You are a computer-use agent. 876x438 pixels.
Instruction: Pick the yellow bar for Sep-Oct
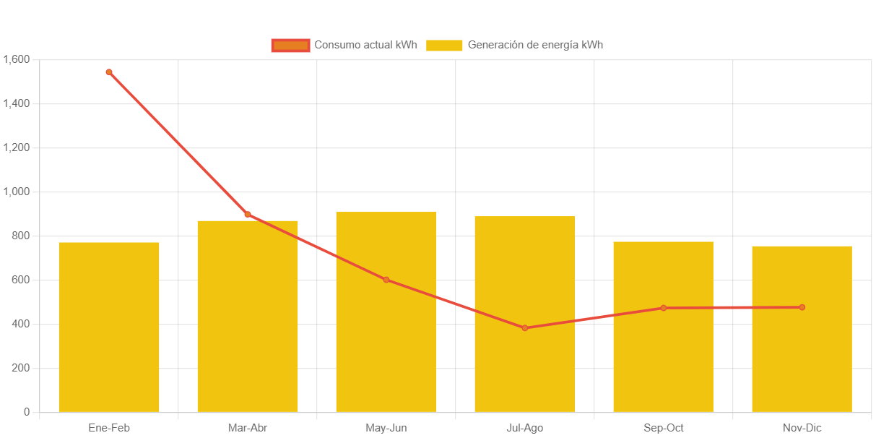664,361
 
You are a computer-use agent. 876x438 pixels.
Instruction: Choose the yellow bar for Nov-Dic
802,361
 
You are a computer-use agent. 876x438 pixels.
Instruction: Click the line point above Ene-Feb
109,72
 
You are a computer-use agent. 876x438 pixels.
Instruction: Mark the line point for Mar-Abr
248,215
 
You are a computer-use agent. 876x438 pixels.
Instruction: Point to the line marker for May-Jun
386,280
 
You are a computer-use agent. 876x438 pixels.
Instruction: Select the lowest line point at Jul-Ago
525,328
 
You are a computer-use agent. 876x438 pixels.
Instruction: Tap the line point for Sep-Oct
664,308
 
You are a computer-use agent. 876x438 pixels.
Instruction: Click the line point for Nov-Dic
802,307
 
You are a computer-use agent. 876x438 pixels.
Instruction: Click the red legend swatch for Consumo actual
290,45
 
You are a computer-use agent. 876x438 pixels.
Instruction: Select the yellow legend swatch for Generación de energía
444,45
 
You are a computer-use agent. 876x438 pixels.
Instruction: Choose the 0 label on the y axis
27,412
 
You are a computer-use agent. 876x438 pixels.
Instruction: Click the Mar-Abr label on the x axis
248,428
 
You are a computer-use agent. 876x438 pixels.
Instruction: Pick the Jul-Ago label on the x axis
525,428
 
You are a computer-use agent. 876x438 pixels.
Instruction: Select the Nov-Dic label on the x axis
802,428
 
